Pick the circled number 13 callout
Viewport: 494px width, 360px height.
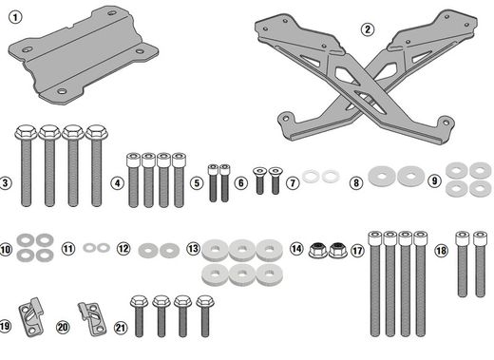[193, 249]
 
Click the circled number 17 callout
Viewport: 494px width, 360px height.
[357, 251]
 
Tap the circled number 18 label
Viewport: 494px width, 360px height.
[442, 251]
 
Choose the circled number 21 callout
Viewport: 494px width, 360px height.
[119, 328]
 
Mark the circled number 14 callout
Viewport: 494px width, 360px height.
[296, 249]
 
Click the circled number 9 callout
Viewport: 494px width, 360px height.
[434, 180]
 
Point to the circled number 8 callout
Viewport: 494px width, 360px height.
[356, 181]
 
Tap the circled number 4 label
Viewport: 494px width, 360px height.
[117, 181]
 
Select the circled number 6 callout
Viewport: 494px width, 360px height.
[241, 181]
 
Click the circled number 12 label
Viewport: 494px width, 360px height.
[123, 249]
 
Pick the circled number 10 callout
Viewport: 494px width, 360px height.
[6, 249]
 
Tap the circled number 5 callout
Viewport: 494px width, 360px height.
[197, 181]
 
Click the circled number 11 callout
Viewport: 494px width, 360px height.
[67, 249]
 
